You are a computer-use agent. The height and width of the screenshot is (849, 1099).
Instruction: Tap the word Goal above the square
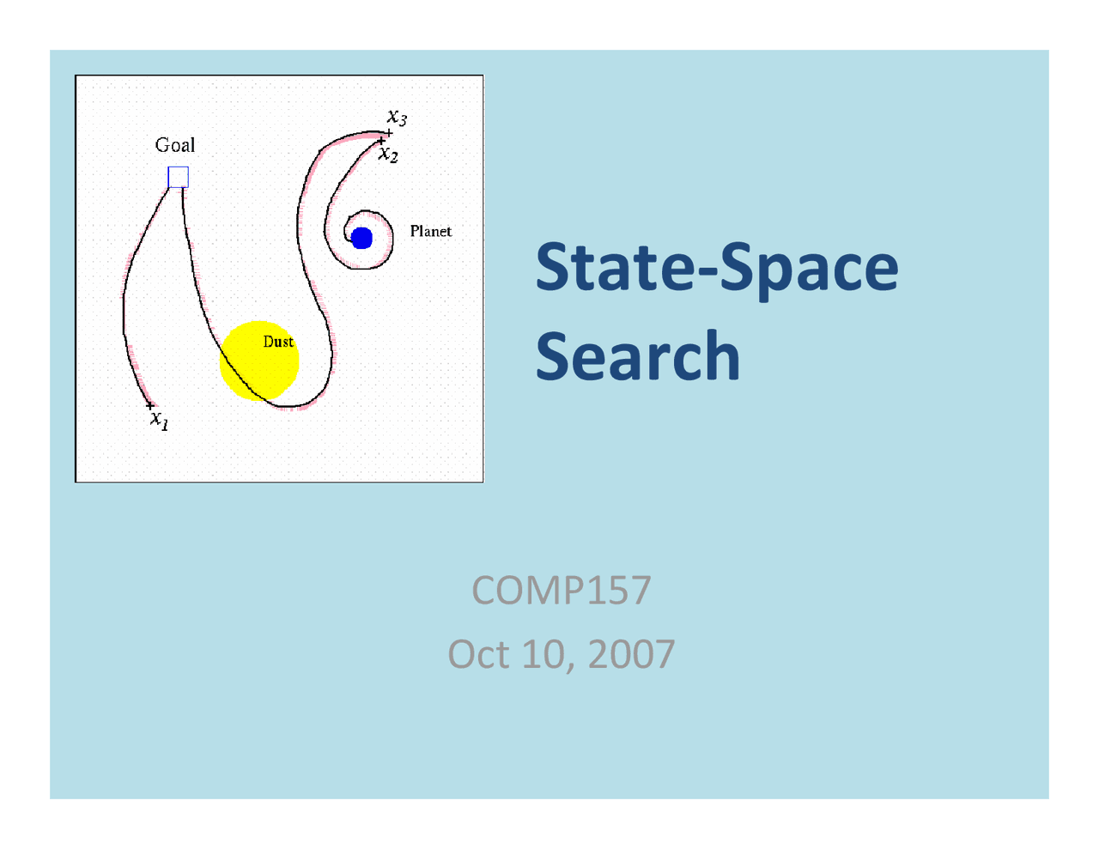tap(174, 145)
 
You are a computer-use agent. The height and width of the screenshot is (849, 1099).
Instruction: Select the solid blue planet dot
tap(361, 238)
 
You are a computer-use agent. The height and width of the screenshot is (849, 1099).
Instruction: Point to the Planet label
tap(430, 231)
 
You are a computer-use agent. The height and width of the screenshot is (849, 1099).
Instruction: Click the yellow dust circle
tap(259, 361)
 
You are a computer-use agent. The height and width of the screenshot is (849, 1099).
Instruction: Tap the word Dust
tap(278, 342)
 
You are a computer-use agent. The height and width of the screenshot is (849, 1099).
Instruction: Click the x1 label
tap(160, 420)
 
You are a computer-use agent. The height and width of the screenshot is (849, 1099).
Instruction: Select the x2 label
tap(388, 154)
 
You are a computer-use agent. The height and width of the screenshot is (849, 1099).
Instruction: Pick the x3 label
tap(397, 118)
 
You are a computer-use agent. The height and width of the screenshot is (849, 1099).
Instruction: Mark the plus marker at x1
tap(149, 405)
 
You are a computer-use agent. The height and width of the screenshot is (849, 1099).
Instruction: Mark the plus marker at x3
tap(389, 133)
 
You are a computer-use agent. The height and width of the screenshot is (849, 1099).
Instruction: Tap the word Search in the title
tap(638, 355)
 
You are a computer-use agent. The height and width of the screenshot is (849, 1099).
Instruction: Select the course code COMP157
tap(562, 590)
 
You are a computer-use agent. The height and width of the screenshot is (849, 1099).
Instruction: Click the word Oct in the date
tap(479, 654)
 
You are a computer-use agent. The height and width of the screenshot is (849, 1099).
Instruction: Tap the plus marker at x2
tap(381, 141)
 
